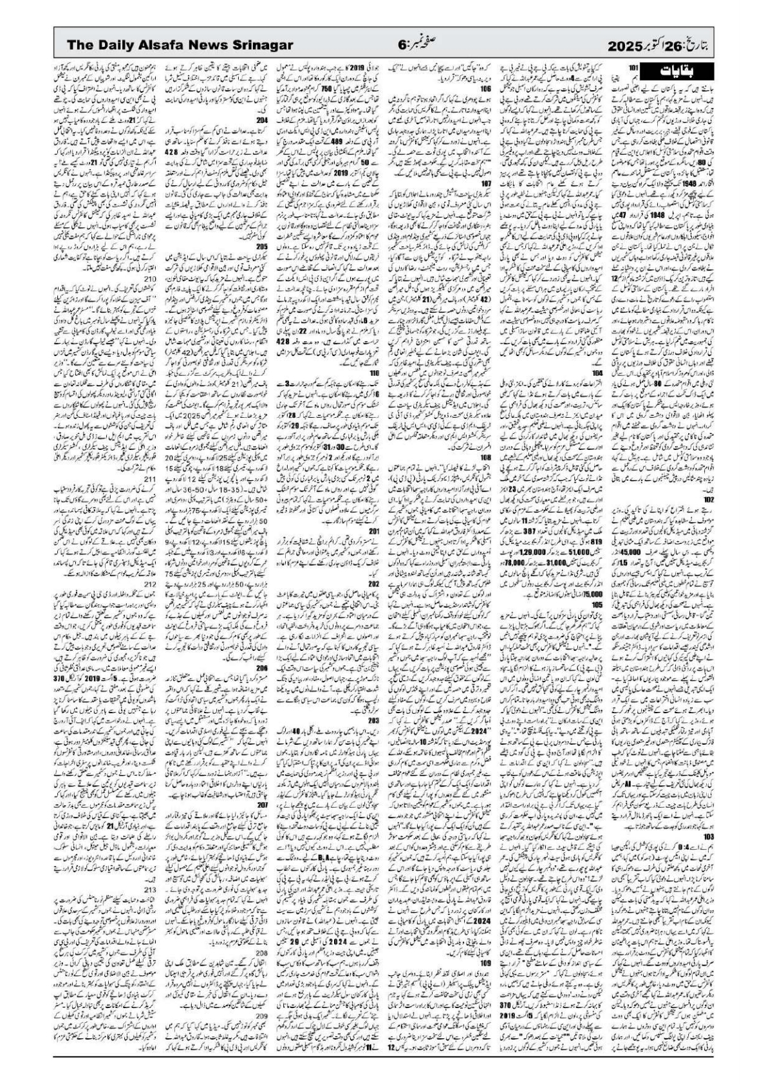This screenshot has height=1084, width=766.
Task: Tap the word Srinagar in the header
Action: tap(261, 45)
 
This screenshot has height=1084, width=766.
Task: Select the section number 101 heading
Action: tap(633, 67)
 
